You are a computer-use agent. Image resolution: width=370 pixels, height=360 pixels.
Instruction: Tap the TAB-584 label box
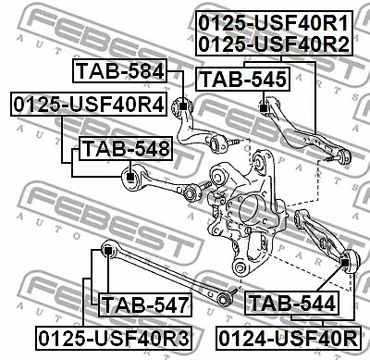pyautogui.click(x=119, y=70)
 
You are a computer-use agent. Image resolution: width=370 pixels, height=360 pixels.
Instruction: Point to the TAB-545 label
pyautogui.click(x=244, y=81)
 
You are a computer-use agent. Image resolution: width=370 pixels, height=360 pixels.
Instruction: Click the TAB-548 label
pyautogui.click(x=125, y=148)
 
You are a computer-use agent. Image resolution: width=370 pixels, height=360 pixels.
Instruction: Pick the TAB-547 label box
pyautogui.click(x=144, y=303)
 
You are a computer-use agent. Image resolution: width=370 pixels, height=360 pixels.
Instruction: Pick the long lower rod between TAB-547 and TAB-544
pyautogui.click(x=166, y=272)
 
